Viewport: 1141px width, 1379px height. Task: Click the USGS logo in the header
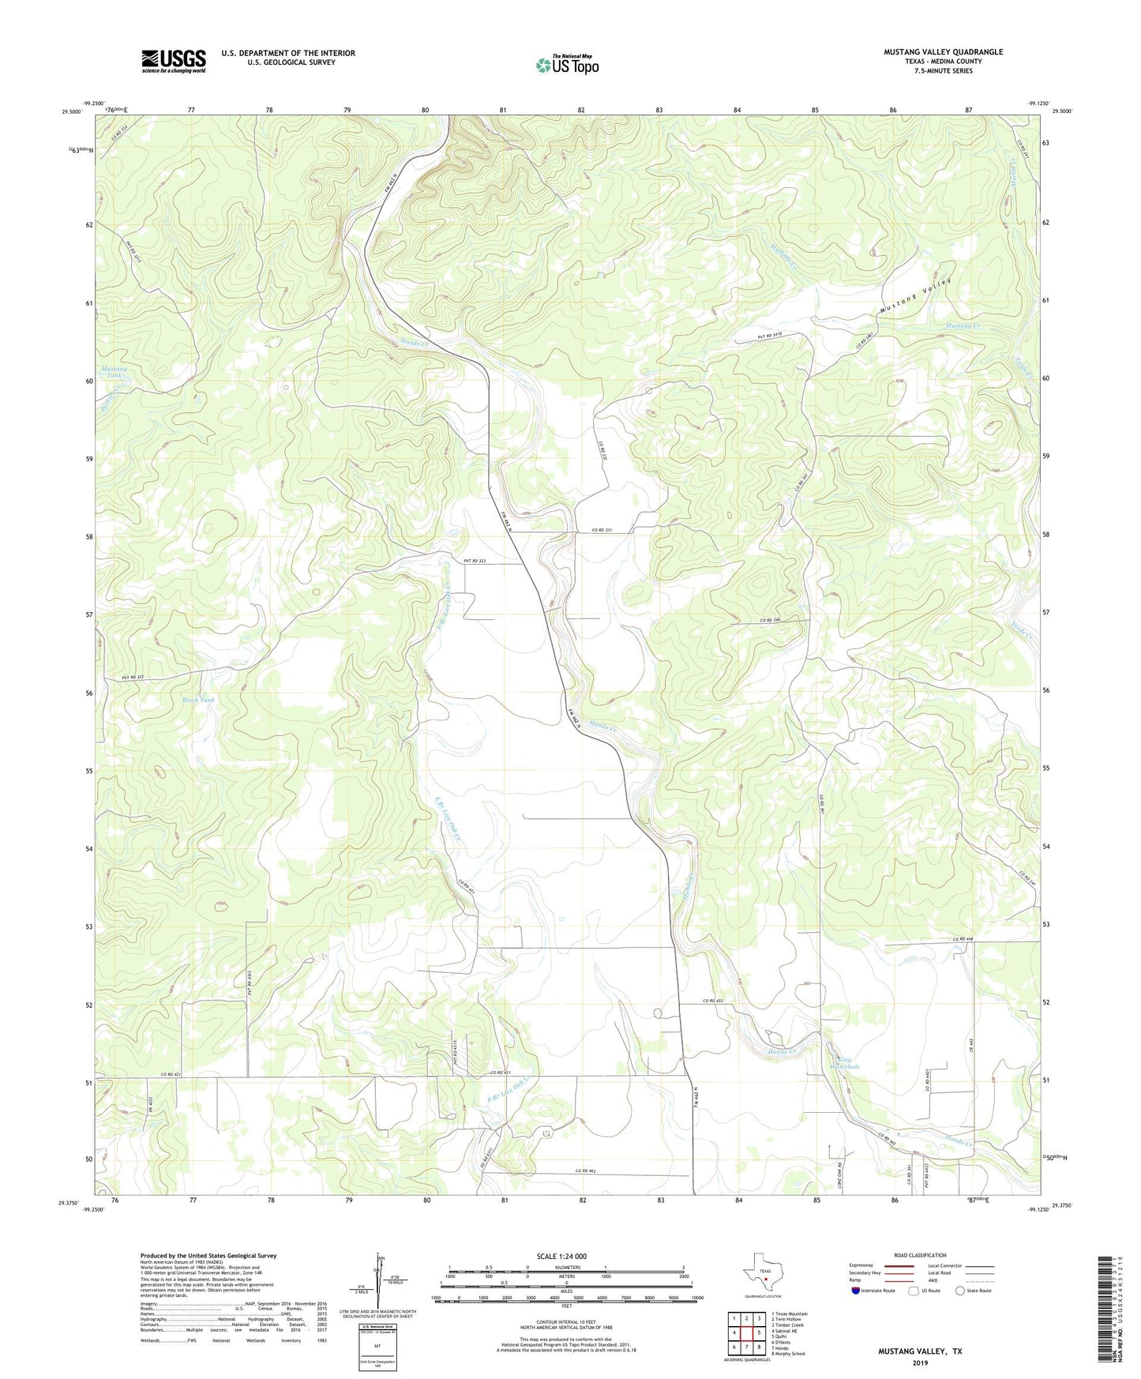point(174,61)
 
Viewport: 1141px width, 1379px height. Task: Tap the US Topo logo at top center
point(566,64)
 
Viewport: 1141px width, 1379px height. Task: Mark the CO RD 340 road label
point(770,620)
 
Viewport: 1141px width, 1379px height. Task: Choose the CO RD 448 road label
point(964,938)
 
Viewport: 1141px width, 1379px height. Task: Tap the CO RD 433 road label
point(713,1001)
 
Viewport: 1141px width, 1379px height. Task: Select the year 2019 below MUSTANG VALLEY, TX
point(919,1362)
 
